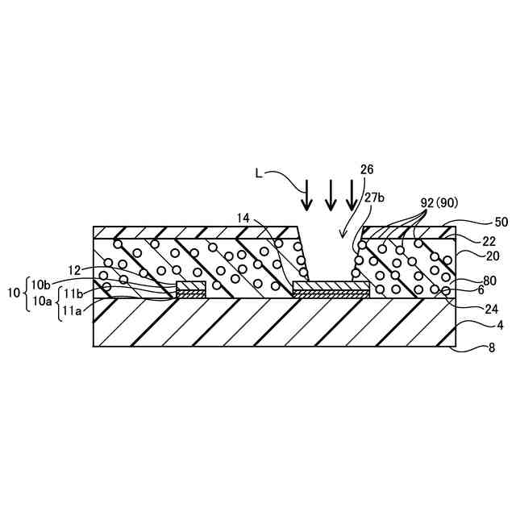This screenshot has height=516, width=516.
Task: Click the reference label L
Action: (259, 173)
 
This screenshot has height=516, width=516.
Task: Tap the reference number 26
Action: (367, 171)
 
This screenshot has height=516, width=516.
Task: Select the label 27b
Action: (373, 196)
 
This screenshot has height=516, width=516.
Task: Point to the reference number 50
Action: (477, 221)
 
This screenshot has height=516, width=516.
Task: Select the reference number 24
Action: (468, 306)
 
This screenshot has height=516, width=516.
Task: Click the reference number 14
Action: (245, 218)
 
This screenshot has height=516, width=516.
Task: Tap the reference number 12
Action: (74, 271)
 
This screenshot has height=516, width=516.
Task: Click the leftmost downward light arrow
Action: (307, 193)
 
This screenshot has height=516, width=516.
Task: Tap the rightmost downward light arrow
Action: (352, 193)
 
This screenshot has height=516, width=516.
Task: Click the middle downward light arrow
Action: (330, 193)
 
